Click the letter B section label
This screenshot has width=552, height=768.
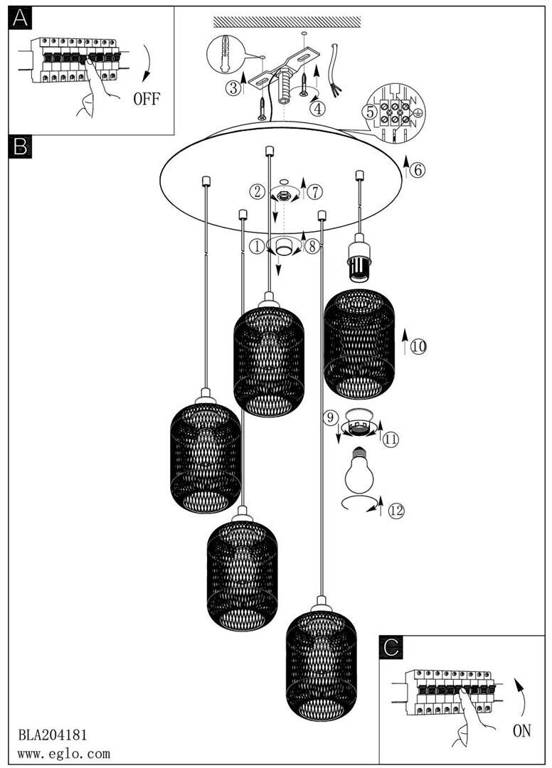coord(21,146)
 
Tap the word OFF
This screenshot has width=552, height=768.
coord(147,98)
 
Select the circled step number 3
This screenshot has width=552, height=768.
coord(233,88)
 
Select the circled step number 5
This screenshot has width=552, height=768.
coord(368,111)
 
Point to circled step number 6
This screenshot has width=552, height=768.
coord(418,170)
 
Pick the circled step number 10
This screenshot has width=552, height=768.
coord(418,346)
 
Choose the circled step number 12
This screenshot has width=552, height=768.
coord(396,510)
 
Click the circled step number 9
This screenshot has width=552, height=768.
coord(329,419)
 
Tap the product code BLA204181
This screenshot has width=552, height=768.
coord(52,733)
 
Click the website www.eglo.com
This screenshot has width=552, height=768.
coord(63,753)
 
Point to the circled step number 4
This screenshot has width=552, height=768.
coord(317,109)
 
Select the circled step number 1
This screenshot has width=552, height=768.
coord(256,247)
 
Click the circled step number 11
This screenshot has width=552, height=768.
coord(391,439)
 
